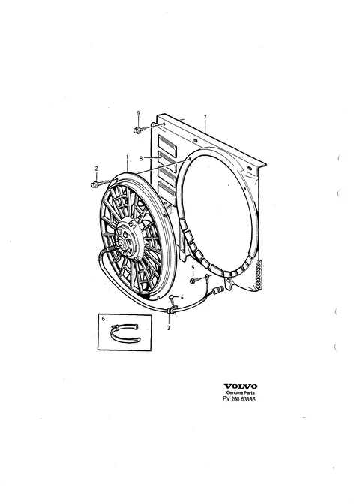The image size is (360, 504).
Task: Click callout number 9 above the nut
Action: (x=138, y=113)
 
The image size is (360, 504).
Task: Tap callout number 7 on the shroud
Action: (x=205, y=117)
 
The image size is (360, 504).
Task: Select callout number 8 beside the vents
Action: (x=141, y=158)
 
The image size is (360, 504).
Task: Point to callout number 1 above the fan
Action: (x=127, y=157)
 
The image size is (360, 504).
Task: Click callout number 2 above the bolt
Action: (x=96, y=169)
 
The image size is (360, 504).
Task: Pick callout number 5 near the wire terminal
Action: (x=193, y=268)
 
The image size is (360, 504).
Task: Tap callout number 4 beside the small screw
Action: (x=181, y=297)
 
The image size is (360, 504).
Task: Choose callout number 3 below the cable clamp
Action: (x=169, y=328)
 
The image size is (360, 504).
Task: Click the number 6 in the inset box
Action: (x=103, y=319)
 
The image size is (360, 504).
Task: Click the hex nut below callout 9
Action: (x=137, y=130)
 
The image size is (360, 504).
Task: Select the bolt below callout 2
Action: (x=99, y=184)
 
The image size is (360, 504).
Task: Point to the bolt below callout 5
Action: (x=192, y=280)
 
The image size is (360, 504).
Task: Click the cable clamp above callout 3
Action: (x=171, y=310)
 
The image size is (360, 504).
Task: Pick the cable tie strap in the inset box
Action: (x=125, y=334)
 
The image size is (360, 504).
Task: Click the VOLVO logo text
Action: (x=241, y=386)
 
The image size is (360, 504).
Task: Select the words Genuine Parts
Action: (x=241, y=393)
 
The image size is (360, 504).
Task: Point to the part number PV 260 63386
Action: (x=240, y=399)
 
